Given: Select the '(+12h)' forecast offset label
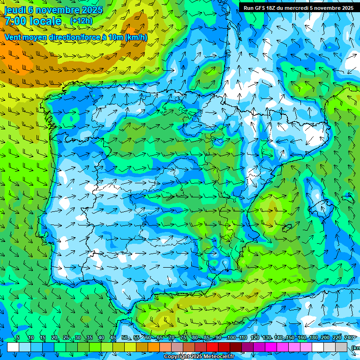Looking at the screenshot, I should coord(81,21).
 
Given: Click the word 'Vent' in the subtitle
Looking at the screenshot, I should coord(14,37).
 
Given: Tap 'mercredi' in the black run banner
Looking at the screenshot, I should coord(297,8).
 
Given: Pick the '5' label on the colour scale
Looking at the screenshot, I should coord(18,337).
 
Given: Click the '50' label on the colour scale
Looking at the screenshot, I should coord(124,337).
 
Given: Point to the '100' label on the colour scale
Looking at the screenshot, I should coord(231,337).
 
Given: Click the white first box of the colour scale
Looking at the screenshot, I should coord(13,347).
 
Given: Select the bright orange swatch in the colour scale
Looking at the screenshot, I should coord(154,347).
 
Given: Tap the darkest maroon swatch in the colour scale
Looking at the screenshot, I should coord(236,347).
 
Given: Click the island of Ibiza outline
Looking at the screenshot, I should coord(288,228).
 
